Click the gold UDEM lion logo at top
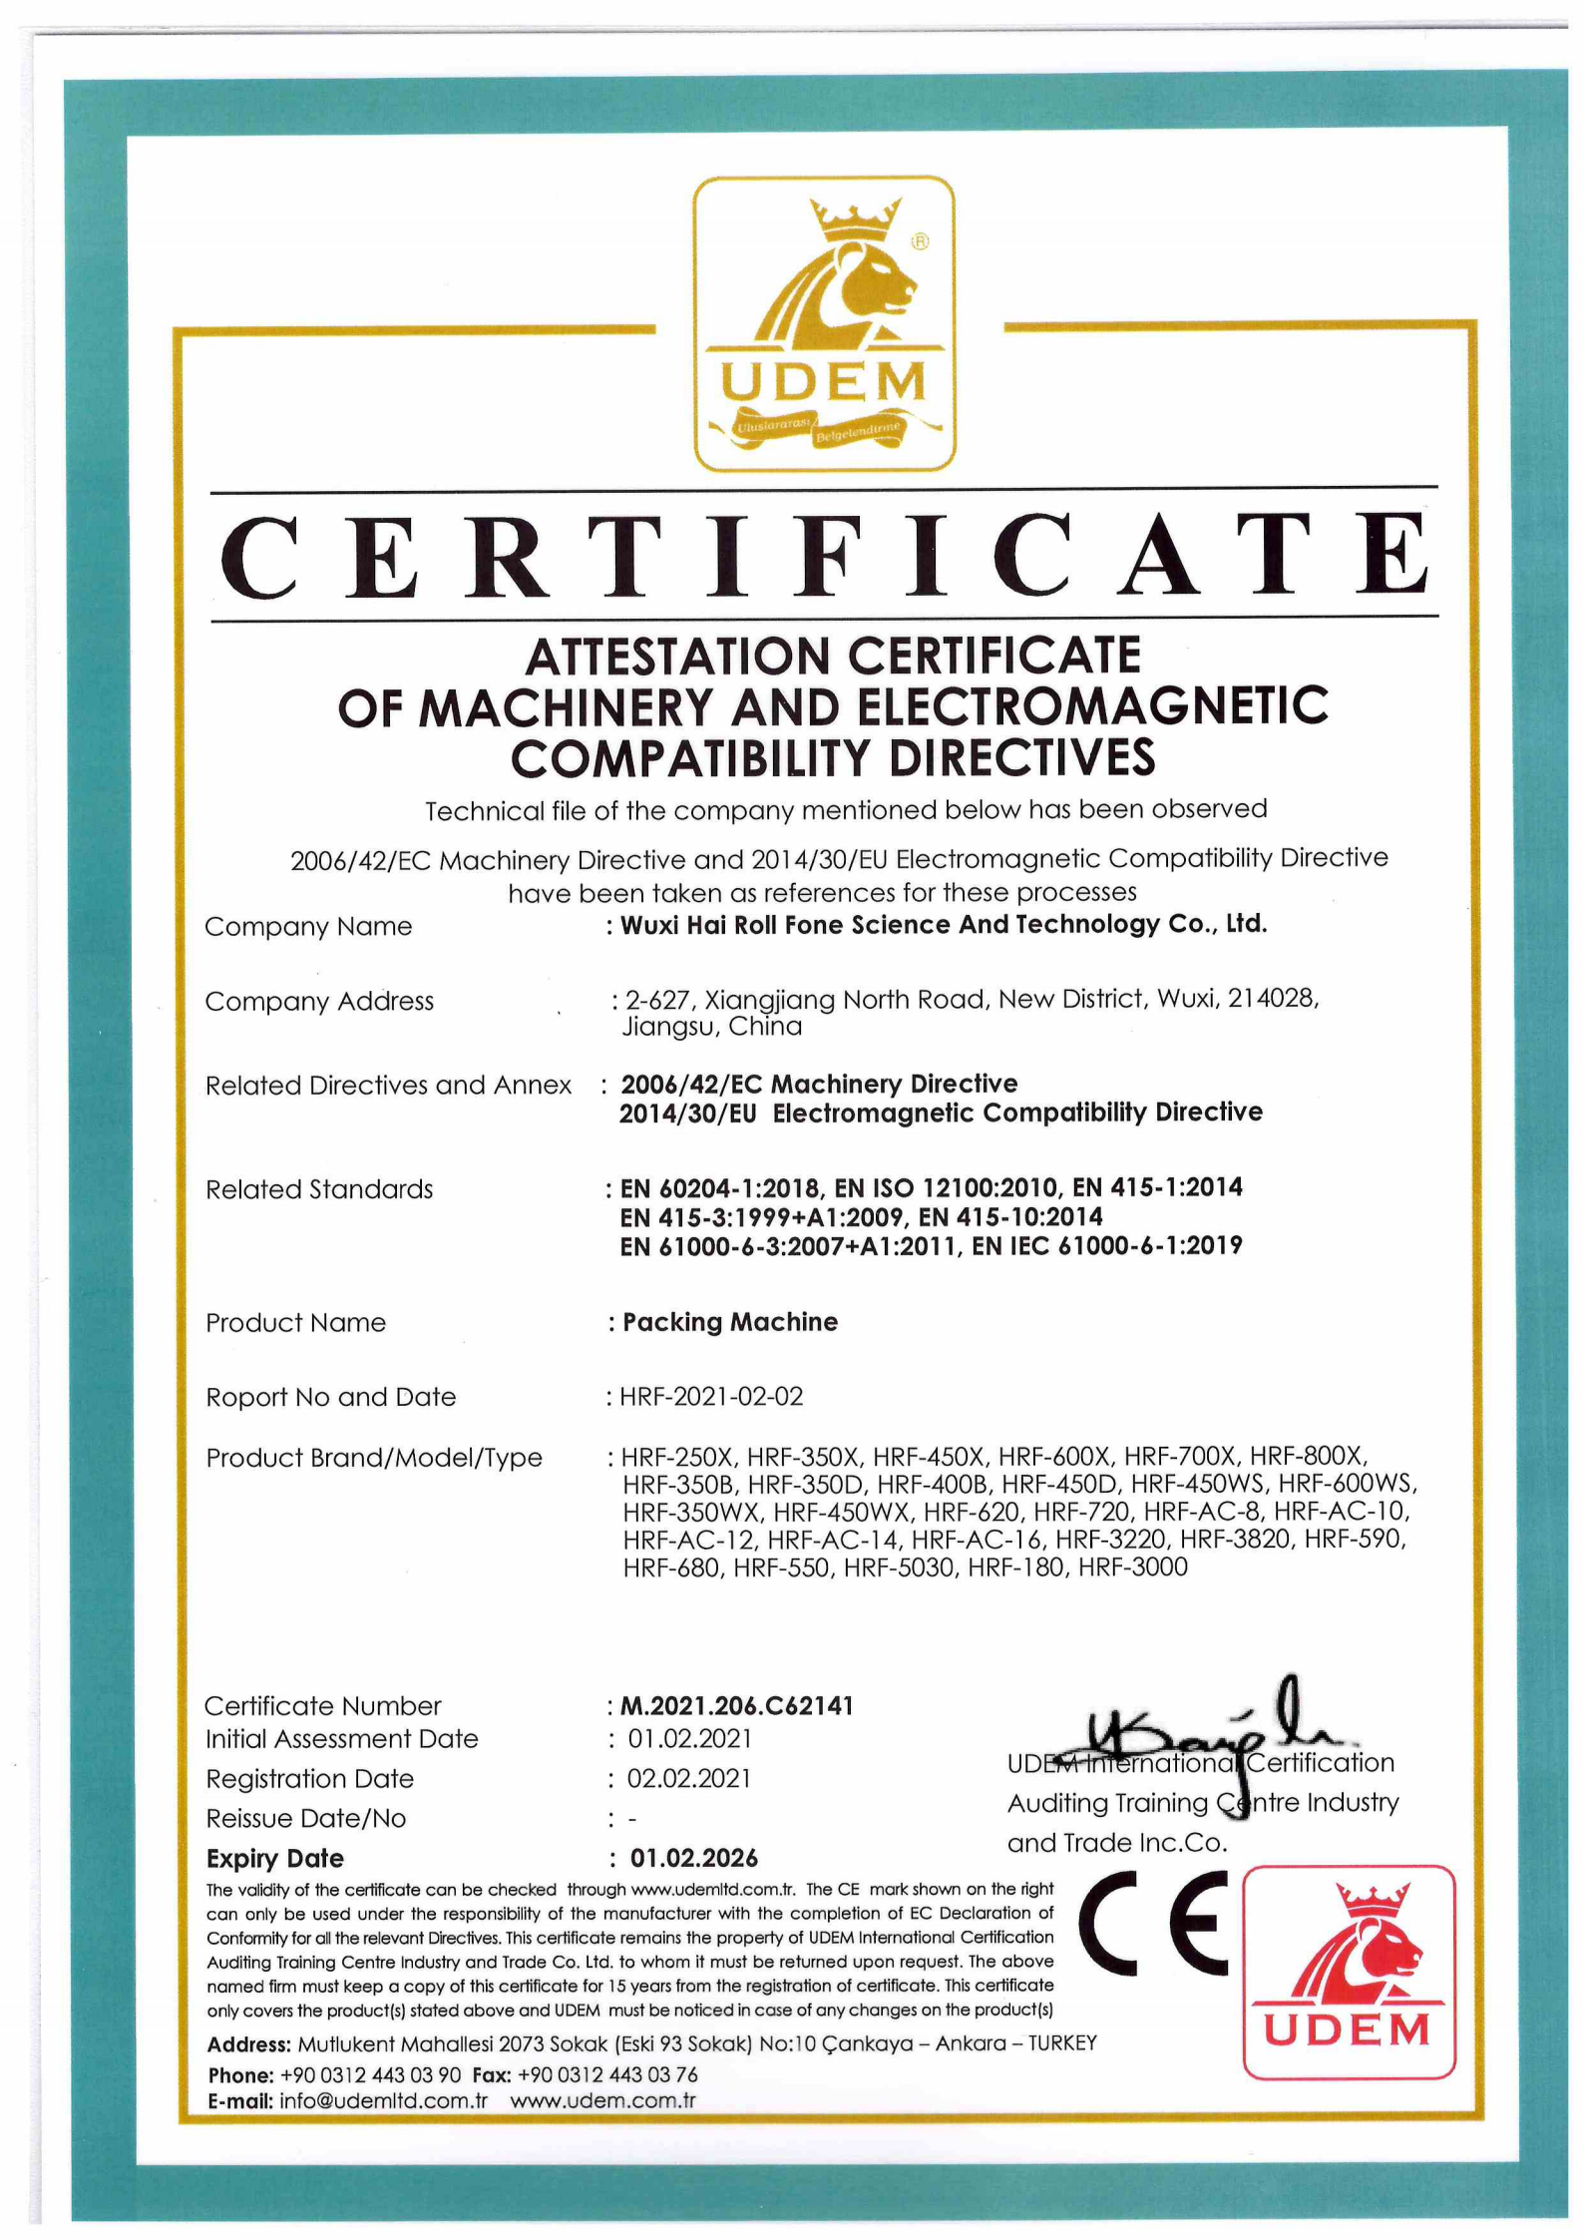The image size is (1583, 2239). [x=824, y=323]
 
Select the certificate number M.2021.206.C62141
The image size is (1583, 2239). [x=736, y=1705]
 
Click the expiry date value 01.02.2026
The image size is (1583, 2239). [x=693, y=1858]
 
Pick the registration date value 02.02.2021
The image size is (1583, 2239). [x=688, y=1778]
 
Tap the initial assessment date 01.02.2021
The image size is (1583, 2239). [x=689, y=1738]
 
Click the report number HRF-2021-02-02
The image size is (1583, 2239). [x=710, y=1396]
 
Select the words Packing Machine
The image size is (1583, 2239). [x=730, y=1322]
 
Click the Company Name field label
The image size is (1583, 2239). [x=308, y=926]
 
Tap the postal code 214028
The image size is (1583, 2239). [x=1272, y=998]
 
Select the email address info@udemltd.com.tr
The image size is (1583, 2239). [x=383, y=2100]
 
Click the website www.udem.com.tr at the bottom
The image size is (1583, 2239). [x=602, y=2100]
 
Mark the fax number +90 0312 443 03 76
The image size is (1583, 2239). [x=607, y=2074]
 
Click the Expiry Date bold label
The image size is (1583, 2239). [x=274, y=1858]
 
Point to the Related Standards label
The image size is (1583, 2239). [x=319, y=1189]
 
